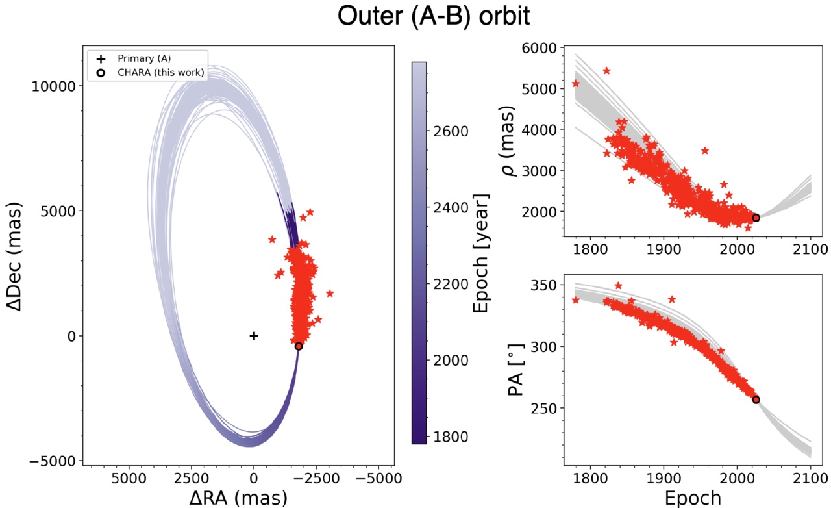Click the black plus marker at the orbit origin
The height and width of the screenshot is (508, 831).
tap(254, 336)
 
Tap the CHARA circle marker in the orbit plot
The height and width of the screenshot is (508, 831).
tap(298, 346)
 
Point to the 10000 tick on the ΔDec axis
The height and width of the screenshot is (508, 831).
tap(57, 86)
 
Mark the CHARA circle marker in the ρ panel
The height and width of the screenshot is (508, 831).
tap(756, 218)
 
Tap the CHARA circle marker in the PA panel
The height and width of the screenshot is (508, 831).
tap(756, 400)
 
